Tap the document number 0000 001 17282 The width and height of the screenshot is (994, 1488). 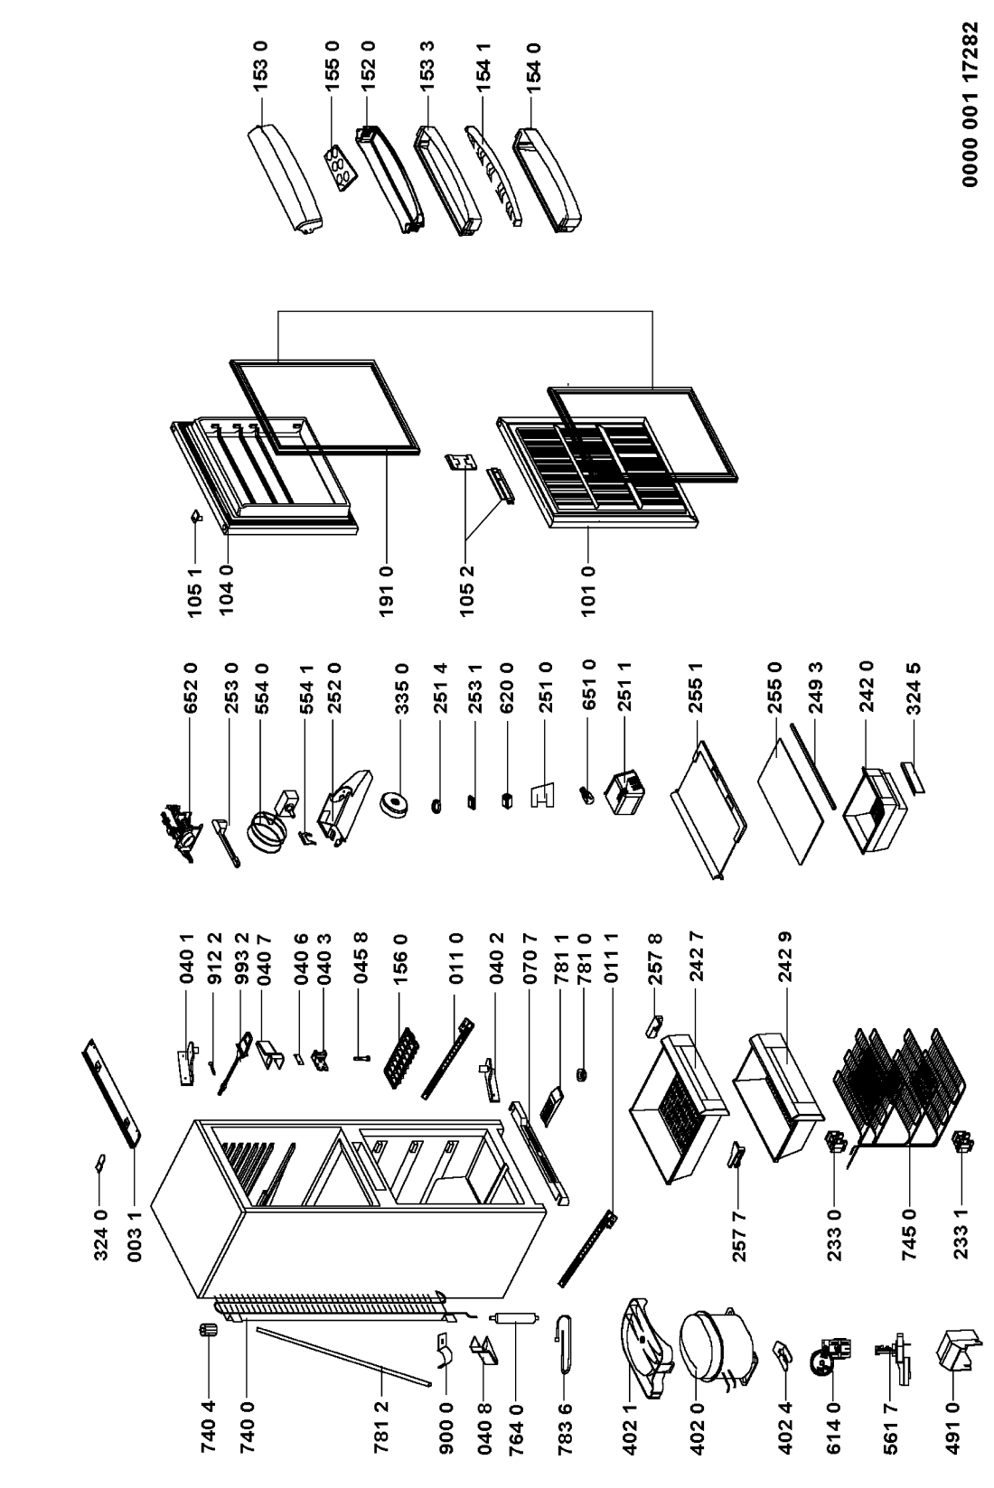(x=971, y=104)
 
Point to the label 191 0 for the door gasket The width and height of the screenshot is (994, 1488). (x=387, y=591)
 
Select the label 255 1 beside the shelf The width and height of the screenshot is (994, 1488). (x=696, y=688)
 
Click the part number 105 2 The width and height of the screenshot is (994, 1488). (x=467, y=591)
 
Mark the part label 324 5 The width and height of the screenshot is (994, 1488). (x=914, y=688)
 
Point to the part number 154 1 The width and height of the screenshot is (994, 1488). (x=483, y=69)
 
